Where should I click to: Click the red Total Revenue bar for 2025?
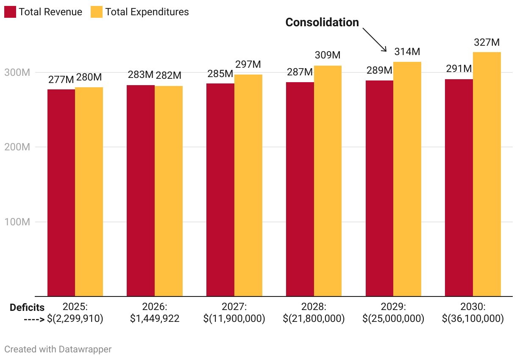coord(61,193)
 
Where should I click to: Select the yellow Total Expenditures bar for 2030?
coord(487,174)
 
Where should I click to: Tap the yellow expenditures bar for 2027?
coord(248,186)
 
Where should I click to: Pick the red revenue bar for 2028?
coord(300,189)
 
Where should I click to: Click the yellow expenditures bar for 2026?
coord(169,191)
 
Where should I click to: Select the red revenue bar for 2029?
coord(379,188)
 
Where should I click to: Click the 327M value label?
coord(487,43)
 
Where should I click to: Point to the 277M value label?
coord(61,80)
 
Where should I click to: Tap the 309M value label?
coord(328,55)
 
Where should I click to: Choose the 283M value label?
coord(141,75)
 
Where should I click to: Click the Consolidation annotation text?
coord(322,22)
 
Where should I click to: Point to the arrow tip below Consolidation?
coord(386,51)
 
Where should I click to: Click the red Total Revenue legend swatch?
coord(10,12)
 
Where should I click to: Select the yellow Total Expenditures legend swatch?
coord(97,12)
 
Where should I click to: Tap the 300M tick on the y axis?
coord(17,72)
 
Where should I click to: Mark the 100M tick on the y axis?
coord(17,222)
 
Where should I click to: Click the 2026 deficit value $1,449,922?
coord(155,318)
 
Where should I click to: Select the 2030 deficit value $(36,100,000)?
coord(473,318)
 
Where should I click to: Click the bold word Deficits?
coord(27,307)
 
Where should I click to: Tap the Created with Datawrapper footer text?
coord(58,349)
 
